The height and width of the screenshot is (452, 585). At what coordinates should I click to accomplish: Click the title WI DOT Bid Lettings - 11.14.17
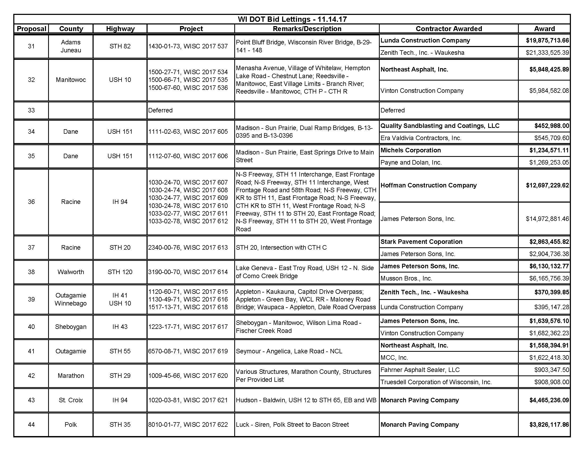292,19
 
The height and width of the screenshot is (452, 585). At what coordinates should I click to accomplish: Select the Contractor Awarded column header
449,29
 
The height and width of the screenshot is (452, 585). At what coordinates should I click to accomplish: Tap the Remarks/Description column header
307,29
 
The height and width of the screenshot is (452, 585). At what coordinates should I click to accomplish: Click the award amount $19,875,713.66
547,40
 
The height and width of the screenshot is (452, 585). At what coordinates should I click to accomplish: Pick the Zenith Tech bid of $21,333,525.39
547,52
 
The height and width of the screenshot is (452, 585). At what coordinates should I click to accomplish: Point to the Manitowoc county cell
71,80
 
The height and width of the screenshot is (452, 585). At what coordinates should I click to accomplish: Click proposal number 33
31,110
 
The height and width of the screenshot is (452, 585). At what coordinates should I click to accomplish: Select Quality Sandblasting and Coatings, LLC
440,126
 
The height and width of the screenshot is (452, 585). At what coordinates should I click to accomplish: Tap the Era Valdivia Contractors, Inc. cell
421,138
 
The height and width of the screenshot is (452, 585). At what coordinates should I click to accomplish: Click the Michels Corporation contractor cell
411,150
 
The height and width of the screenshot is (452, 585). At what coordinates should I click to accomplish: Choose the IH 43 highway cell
120,327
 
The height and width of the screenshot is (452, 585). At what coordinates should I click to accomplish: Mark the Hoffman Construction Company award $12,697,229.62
547,185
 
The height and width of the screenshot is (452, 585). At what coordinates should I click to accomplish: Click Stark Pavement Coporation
421,242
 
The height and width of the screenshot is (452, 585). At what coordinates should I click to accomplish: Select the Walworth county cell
71,272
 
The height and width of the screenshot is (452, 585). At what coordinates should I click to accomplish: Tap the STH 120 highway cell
120,272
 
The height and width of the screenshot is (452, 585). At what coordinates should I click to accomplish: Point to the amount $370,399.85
551,292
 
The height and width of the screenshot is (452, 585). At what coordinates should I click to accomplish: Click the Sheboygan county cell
71,327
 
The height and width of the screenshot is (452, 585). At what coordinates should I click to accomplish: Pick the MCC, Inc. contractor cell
394,357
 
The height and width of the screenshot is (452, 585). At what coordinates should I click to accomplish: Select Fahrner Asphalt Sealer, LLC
420,370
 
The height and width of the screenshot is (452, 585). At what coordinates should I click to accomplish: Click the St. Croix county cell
71,400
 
